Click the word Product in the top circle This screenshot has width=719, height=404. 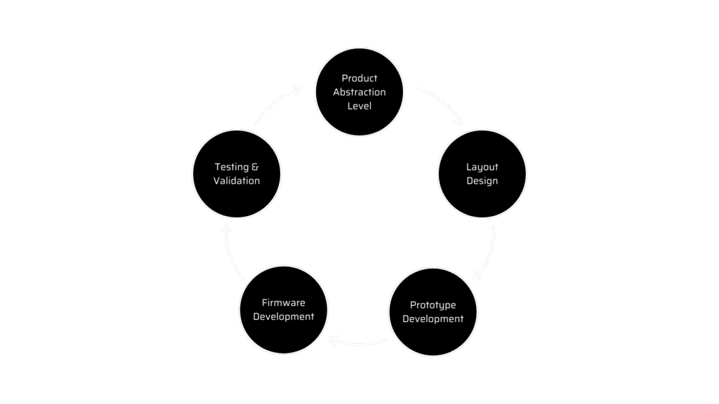pos(359,78)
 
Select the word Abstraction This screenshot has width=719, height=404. pos(359,92)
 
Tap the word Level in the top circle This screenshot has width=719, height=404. pos(359,106)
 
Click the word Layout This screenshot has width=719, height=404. pos(482,167)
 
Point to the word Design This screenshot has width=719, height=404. pos(482,181)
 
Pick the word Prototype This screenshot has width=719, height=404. pos(433,305)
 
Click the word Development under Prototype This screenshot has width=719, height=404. pos(433,319)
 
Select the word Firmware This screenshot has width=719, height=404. pos(283,303)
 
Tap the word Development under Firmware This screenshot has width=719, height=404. pos(283,317)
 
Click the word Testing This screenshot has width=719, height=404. pos(231,167)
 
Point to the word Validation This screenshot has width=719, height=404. pos(237,181)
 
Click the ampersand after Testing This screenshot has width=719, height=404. pos(255,167)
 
